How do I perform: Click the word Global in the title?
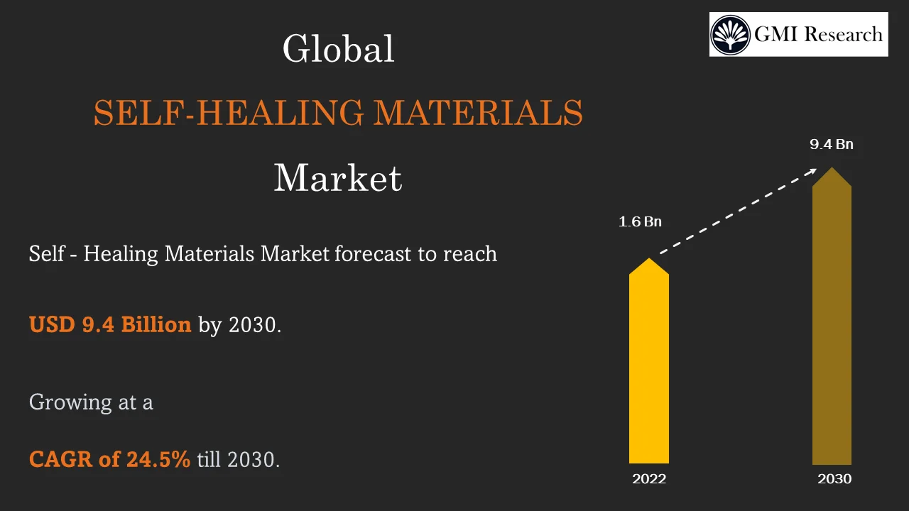point(338,50)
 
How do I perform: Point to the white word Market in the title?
point(338,178)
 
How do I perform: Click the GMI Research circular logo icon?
point(731,35)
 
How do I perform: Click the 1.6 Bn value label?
point(640,222)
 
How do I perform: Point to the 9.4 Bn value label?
point(832,145)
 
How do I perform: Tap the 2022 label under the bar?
point(649,479)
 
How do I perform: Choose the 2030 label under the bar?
point(834,479)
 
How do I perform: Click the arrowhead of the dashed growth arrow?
point(812,171)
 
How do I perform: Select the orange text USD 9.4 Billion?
point(110,325)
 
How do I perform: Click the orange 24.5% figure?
point(158,460)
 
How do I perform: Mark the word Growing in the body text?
point(70,402)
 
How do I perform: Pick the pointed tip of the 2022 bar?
point(649,260)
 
